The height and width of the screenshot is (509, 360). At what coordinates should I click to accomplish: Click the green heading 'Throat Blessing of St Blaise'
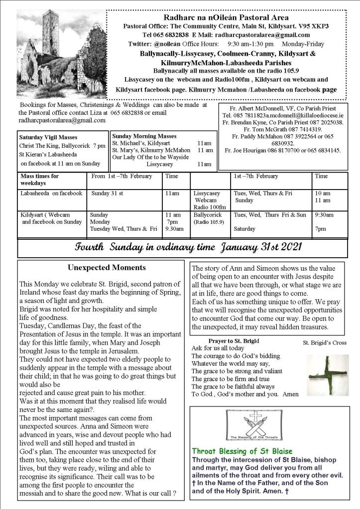click(242, 451)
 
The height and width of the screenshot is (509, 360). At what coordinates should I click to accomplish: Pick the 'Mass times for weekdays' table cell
click(40, 179)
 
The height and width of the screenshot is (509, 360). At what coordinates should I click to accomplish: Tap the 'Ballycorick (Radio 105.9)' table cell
click(209, 218)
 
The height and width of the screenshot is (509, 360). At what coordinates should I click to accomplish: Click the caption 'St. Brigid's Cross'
click(324, 343)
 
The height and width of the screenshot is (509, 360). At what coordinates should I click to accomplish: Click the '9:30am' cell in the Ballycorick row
click(324, 215)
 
